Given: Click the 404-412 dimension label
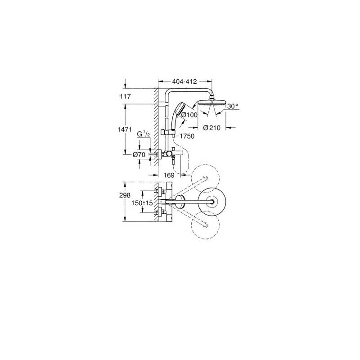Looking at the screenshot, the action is tap(184, 81).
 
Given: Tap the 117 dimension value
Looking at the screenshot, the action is tap(126, 96).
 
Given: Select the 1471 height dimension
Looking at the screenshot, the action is tap(125, 130).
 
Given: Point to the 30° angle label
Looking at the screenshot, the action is tap(233, 106).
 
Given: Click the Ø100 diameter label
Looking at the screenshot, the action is tap(189, 115).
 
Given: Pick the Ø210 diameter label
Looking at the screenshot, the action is tap(211, 128).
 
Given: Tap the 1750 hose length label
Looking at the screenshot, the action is tap(187, 136).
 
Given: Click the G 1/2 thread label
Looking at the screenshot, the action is tap(144, 134).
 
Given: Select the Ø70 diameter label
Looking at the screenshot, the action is tap(139, 155).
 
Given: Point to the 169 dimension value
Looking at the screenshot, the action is tap(169, 175).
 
